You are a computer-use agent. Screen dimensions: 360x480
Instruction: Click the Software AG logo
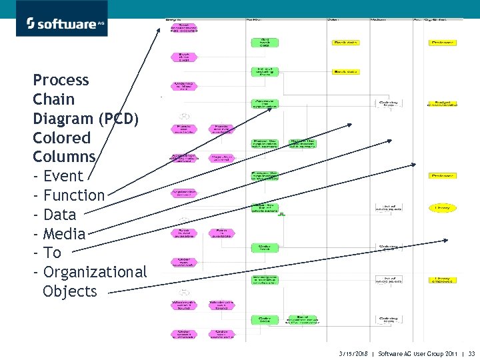point(61,18)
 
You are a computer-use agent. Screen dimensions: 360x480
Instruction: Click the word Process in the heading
point(61,81)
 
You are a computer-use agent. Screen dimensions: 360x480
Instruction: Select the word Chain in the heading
point(53,100)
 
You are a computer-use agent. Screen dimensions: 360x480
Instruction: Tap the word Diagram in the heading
point(63,119)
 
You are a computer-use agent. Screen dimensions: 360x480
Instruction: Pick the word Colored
point(61,138)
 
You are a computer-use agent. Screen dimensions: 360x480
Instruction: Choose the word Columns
point(64,157)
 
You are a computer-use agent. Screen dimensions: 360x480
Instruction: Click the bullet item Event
point(63,177)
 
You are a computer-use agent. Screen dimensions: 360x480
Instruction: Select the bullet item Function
point(73,196)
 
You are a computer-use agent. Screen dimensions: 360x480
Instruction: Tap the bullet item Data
point(59,215)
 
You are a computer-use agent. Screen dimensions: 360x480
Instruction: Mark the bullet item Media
point(64,234)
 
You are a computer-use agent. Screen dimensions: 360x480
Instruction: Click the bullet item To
point(52,253)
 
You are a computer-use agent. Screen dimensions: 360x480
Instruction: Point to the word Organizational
point(95,272)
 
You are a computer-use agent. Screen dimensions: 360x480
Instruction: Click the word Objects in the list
point(69,291)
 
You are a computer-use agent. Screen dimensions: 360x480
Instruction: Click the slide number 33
point(471,353)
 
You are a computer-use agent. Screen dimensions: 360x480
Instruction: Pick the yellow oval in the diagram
point(443,208)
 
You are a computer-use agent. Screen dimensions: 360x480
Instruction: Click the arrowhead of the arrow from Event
point(160,29)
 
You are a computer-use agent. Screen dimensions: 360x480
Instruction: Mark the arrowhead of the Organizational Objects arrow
point(447,241)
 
